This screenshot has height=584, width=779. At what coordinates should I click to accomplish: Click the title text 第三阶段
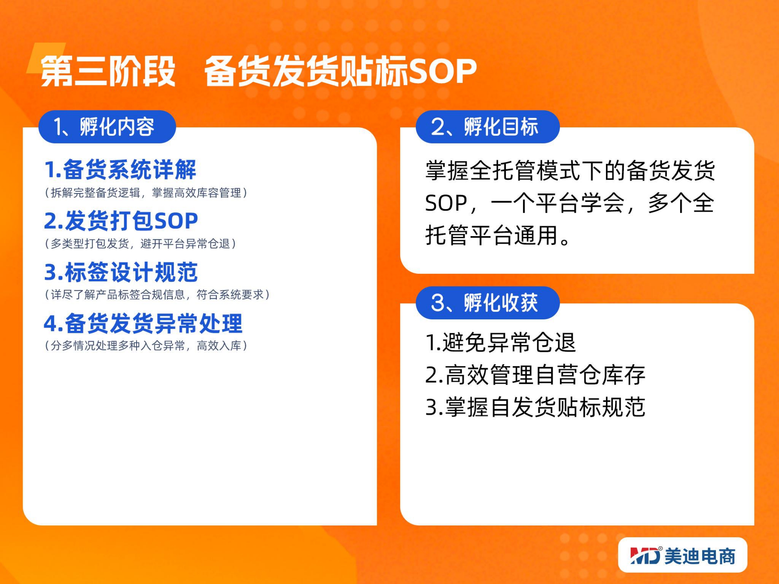point(108,71)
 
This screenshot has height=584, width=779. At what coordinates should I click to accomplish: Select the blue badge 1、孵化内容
point(107,127)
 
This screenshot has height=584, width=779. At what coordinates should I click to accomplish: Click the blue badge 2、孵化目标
point(488,127)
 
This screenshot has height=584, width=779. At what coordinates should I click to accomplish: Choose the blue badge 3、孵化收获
point(488,303)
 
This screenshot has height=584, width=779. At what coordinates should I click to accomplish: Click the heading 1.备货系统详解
point(120,170)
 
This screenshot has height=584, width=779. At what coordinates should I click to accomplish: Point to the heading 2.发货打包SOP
point(121,221)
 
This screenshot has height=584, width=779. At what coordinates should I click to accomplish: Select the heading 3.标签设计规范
point(121,272)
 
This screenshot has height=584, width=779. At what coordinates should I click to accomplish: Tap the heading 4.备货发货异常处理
point(143,323)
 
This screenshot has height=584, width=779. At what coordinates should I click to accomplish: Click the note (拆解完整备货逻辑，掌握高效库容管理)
point(146,193)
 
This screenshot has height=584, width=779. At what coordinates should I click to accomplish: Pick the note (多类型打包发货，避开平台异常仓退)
point(141,243)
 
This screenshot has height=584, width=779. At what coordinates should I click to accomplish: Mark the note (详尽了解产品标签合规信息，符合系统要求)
point(157,295)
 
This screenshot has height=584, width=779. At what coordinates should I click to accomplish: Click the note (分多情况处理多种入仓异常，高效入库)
point(146,345)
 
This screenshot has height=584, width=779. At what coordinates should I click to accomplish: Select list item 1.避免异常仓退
point(501,343)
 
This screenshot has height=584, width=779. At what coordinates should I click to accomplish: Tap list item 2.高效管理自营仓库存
point(536,375)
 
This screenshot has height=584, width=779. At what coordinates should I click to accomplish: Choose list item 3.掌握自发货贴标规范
point(536,407)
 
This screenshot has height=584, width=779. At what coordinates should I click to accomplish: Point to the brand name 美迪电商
point(700,556)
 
